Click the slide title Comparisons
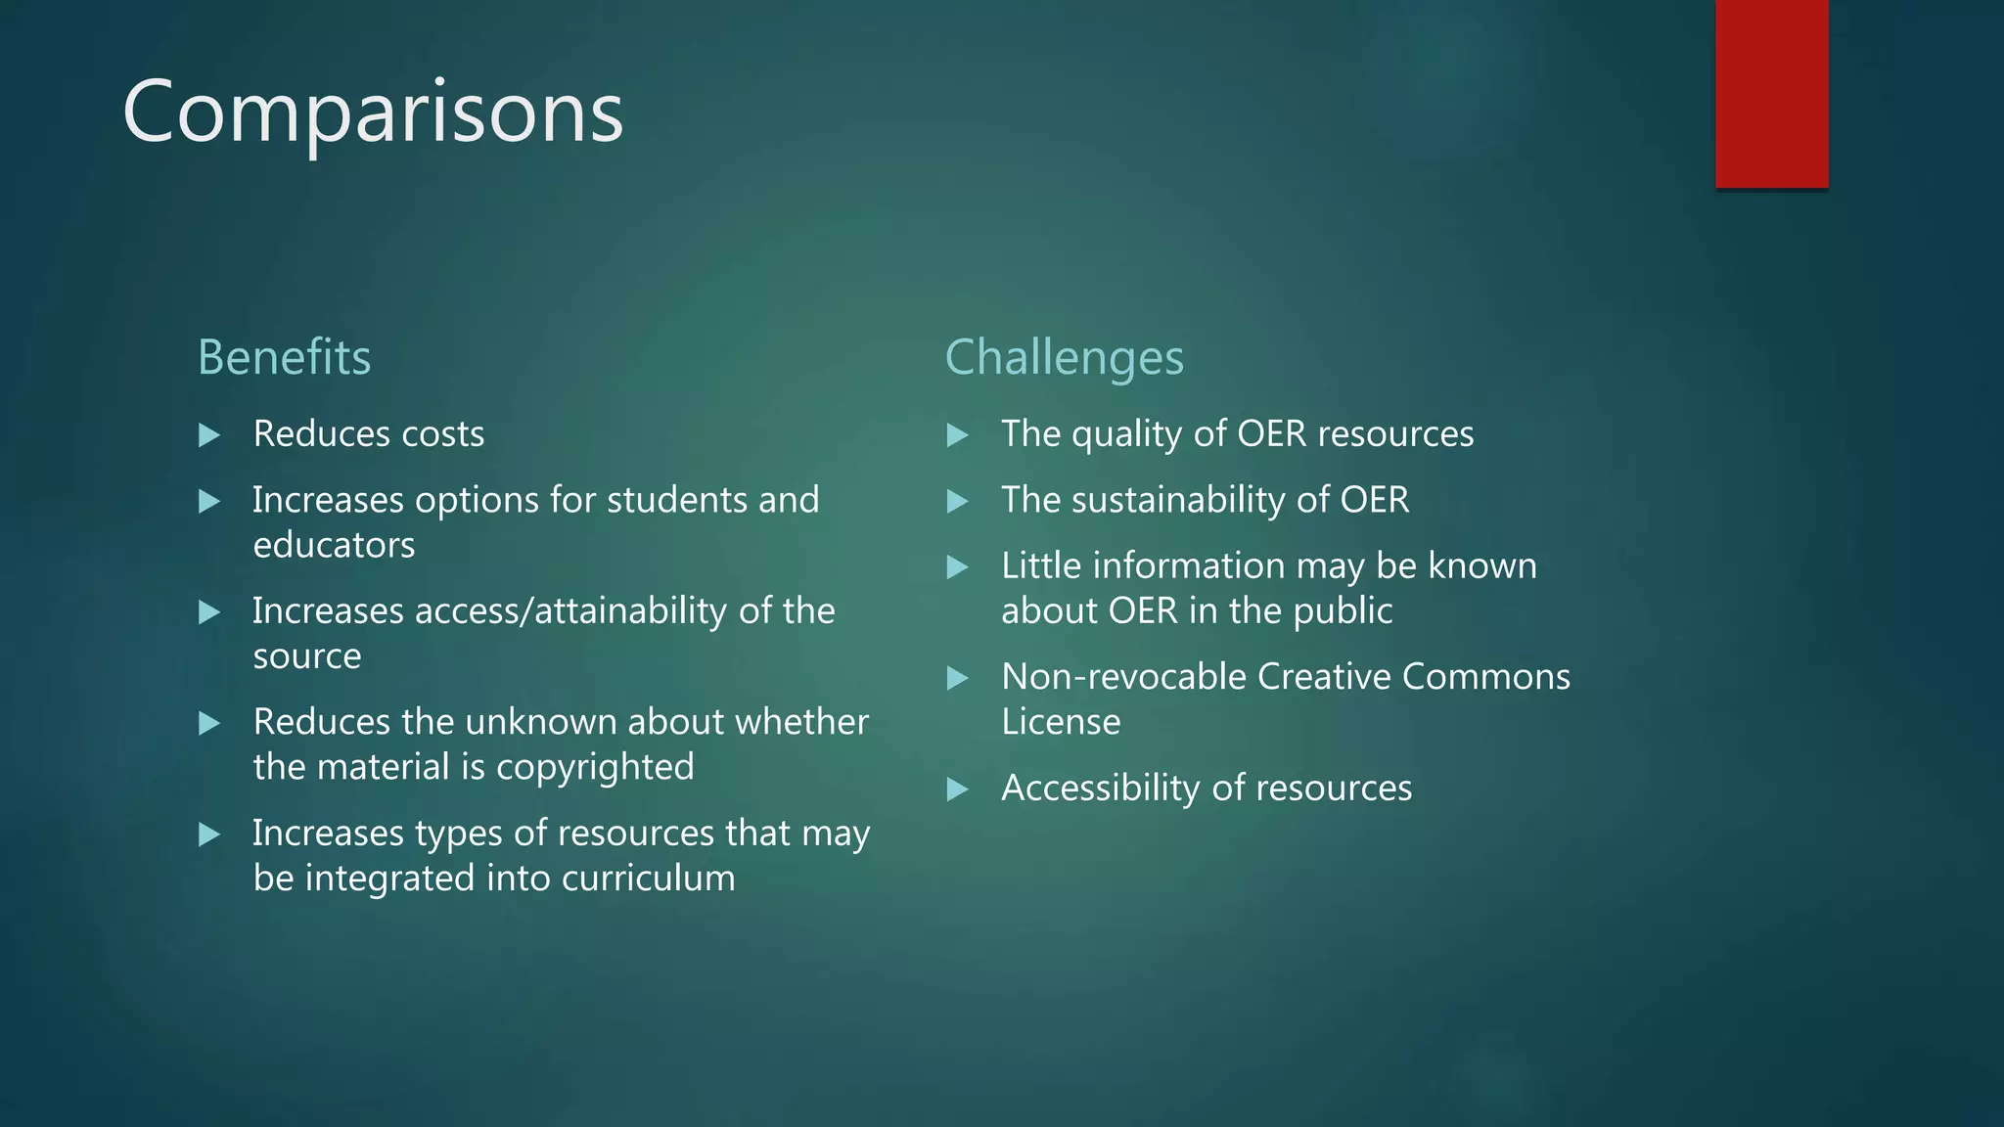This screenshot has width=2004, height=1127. [373, 113]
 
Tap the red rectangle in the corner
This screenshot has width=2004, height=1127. [1771, 94]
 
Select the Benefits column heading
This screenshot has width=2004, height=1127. [284, 357]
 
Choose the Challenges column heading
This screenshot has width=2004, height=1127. [1064, 357]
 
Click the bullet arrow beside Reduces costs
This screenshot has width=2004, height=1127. [208, 435]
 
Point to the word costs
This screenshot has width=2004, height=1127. [443, 434]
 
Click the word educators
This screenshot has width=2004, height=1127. [334, 545]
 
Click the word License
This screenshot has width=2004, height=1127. [1061, 722]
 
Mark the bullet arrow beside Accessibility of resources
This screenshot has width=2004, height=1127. [957, 789]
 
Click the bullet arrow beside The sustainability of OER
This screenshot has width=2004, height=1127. [957, 502]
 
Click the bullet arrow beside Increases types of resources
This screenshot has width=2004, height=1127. [208, 834]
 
